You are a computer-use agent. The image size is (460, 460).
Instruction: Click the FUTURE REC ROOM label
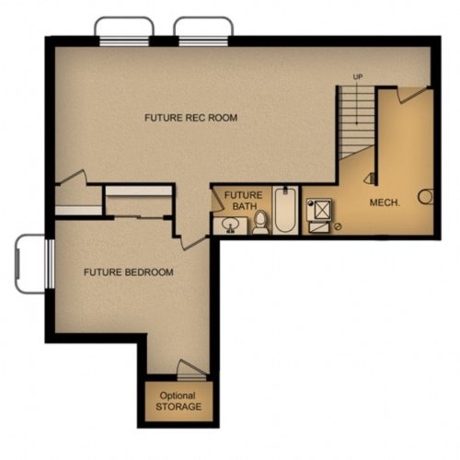click(x=190, y=118)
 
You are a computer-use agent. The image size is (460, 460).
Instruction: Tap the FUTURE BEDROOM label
click(x=129, y=272)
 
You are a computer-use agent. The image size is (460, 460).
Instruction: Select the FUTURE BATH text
click(x=244, y=201)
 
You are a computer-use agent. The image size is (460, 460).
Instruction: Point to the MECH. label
click(x=385, y=202)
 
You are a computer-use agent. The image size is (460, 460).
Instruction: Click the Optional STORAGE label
click(x=178, y=401)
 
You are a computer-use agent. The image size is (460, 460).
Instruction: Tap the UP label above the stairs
click(x=358, y=76)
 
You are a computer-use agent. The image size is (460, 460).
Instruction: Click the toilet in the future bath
click(x=260, y=223)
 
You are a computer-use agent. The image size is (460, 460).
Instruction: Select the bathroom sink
click(x=230, y=225)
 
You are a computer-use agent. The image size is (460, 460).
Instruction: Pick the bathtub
click(x=285, y=210)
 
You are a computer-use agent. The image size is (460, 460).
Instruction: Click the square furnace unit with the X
click(x=319, y=210)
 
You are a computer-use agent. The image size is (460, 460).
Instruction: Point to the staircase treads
click(x=357, y=122)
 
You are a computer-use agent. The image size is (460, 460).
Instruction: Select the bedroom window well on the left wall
click(x=30, y=264)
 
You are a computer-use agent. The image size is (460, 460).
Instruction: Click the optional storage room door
click(x=192, y=370)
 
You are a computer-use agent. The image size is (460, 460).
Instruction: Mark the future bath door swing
click(x=217, y=200)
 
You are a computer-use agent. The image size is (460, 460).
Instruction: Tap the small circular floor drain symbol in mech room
click(x=338, y=227)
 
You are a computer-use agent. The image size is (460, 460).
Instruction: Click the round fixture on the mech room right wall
click(x=426, y=197)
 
